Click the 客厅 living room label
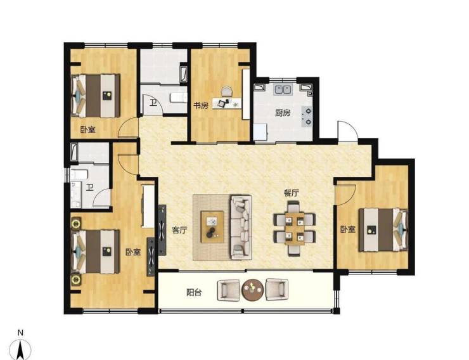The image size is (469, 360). (x=179, y=230)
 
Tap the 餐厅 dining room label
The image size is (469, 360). (x=292, y=193)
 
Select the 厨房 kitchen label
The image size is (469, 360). (x=283, y=113)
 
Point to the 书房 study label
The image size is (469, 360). (x=200, y=106)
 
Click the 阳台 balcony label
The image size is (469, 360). (x=194, y=292)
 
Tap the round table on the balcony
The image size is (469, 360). (x=253, y=290)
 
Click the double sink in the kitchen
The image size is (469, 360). (x=283, y=90)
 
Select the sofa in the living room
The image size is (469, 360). (x=241, y=228)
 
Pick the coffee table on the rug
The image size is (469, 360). (x=212, y=227)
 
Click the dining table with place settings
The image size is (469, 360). (x=295, y=229)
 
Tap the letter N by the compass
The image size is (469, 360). (x=20, y=333)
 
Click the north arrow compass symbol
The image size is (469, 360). (x=20, y=350)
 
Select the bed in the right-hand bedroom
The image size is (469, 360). (x=383, y=229)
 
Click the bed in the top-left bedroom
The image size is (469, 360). (x=96, y=96)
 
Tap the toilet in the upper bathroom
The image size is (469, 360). (x=178, y=98)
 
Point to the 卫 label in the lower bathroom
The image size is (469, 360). (x=90, y=188)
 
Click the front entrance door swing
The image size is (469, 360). (x=347, y=132)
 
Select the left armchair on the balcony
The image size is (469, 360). (x=228, y=290)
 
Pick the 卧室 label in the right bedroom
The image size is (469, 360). (x=348, y=229)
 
